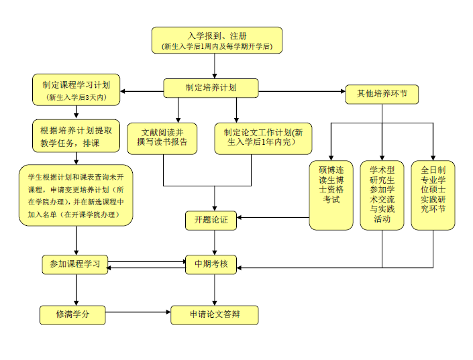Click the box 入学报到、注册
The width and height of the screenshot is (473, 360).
point(216,40)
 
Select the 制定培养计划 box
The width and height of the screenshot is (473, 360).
point(211,87)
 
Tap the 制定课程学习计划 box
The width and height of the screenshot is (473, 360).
point(76,91)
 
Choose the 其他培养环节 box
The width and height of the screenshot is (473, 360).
point(381,94)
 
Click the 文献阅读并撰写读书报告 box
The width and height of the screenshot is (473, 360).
point(164,137)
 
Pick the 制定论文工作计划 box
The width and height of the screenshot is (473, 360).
point(263,137)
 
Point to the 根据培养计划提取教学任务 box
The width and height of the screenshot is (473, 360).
point(76,136)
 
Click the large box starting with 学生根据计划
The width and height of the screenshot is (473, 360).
point(76,195)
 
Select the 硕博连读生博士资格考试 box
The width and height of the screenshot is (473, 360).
point(331,194)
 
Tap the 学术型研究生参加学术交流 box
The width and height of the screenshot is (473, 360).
point(382,194)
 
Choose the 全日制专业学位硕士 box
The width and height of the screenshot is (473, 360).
point(433,194)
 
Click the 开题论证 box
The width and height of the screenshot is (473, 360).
point(211,221)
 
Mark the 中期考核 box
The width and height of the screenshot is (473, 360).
point(211,264)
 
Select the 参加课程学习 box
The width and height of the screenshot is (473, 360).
point(74,264)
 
